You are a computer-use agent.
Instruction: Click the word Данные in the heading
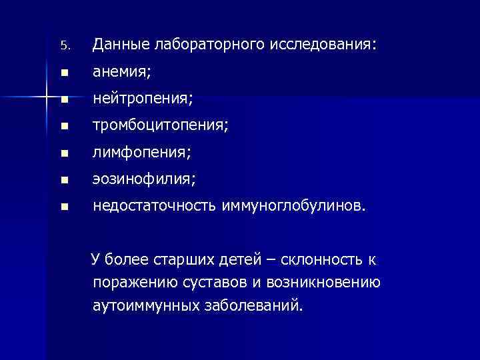pyautogui.click(x=121, y=45)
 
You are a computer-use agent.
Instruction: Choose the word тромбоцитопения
pyautogui.click(x=160, y=127)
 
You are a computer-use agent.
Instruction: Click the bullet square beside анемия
pyautogui.click(x=64, y=73)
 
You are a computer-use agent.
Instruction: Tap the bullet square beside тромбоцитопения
pyautogui.click(x=64, y=127)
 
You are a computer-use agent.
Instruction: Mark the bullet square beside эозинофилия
pyautogui.click(x=64, y=181)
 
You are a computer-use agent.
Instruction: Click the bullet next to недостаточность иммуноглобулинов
pyautogui.click(x=64, y=207)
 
